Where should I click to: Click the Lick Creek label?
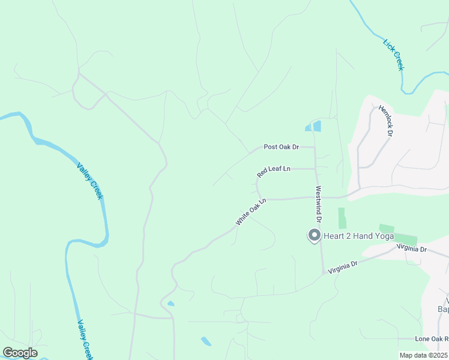point(394,55)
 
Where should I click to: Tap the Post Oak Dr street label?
point(281,147)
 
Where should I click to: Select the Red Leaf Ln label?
point(274,171)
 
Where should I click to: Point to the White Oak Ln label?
point(250,212)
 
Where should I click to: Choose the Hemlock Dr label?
point(385,121)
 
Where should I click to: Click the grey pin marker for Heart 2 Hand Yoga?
point(313,235)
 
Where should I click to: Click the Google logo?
point(20,353)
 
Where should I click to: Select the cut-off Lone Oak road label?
point(431,339)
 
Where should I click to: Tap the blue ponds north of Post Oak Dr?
point(313,126)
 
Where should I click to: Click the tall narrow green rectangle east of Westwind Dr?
point(342,218)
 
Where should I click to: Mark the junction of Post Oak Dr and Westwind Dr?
point(315,147)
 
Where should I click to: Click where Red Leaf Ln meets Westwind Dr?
point(315,169)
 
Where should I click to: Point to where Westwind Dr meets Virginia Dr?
point(324,273)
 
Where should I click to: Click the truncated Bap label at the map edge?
point(444,310)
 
